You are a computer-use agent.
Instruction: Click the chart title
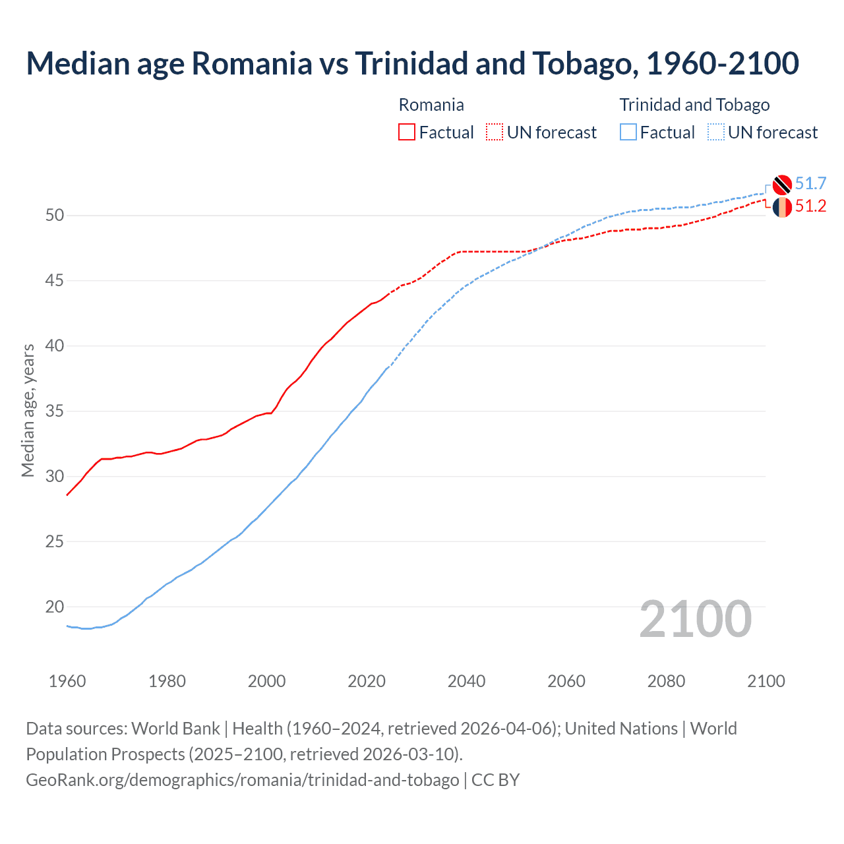[412, 63]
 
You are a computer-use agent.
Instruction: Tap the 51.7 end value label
[810, 183]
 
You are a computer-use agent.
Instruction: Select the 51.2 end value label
[810, 206]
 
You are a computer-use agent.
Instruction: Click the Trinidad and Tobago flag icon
[782, 185]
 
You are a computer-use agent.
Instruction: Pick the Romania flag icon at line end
[782, 207]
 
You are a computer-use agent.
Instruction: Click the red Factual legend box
[407, 132]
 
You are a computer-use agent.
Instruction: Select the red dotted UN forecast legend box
[495, 132]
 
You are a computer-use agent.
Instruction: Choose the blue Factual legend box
[628, 132]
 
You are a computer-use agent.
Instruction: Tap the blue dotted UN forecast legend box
[716, 132]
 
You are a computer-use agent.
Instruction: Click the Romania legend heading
[431, 105]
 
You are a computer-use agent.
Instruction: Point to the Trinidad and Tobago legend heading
[694, 105]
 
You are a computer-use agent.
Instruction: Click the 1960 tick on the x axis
[67, 681]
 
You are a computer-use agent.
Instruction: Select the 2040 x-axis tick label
[466, 681]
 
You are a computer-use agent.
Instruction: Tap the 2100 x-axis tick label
[766, 681]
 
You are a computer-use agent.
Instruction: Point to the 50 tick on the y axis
[55, 216]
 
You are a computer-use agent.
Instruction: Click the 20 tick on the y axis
[55, 607]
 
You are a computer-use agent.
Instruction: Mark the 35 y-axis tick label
[55, 411]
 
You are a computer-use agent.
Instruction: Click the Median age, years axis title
[28, 410]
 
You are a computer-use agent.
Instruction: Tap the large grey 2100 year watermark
[696, 618]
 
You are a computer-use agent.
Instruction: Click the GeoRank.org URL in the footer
[243, 779]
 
